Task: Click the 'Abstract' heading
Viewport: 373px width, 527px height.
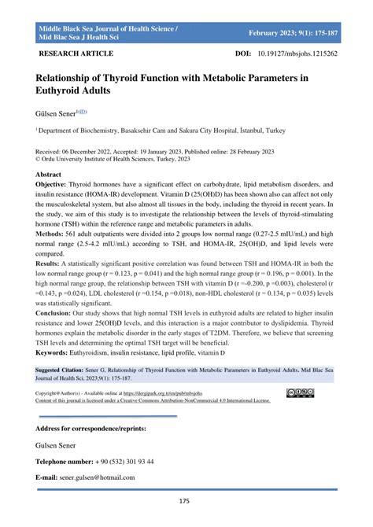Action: pyautogui.click(x=49, y=175)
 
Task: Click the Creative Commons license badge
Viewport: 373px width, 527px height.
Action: pyautogui.click(x=301, y=413)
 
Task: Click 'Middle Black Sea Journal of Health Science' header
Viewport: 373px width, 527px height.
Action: pyautogui.click(x=107, y=28)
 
